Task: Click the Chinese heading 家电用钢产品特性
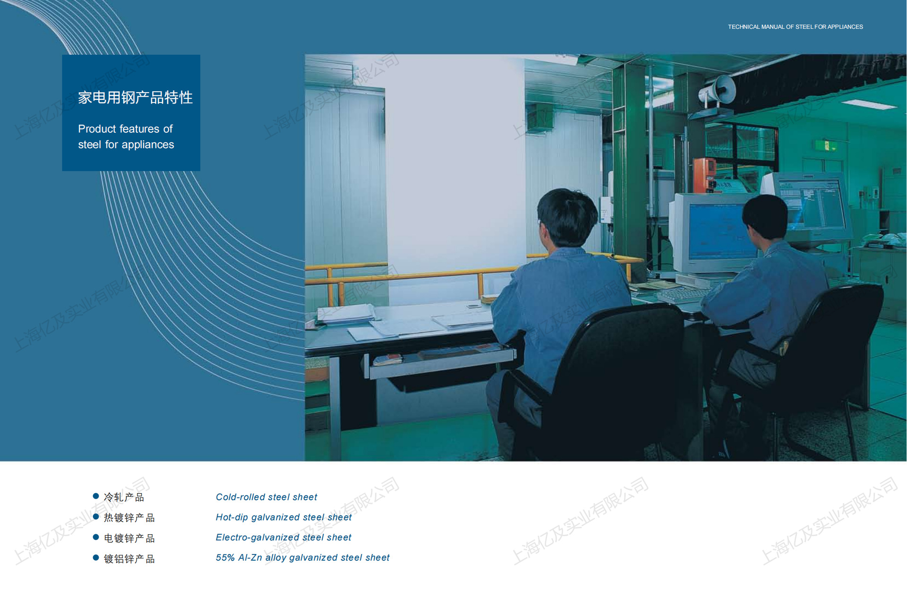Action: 135,97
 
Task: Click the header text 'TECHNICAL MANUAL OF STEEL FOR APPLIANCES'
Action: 795,27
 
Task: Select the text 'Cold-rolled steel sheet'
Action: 266,497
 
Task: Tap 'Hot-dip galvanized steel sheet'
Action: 283,517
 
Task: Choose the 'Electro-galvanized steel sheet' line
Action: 283,538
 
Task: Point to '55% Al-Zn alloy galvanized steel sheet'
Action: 302,557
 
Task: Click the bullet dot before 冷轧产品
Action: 96,496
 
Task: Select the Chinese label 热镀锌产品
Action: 129,518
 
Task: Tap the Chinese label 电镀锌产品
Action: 129,538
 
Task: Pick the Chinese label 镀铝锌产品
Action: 129,559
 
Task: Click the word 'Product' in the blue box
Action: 97,129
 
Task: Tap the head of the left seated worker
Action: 566,217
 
